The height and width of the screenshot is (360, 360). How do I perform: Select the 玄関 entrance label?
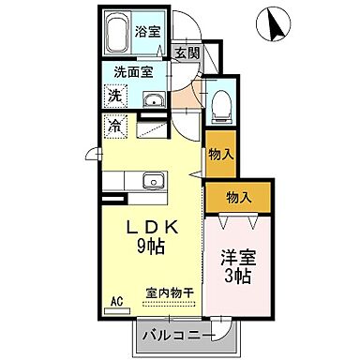187,52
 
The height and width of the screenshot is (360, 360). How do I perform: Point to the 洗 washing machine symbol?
113,95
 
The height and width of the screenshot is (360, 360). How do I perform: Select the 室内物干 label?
170,293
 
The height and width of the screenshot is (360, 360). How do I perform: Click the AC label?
117,301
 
